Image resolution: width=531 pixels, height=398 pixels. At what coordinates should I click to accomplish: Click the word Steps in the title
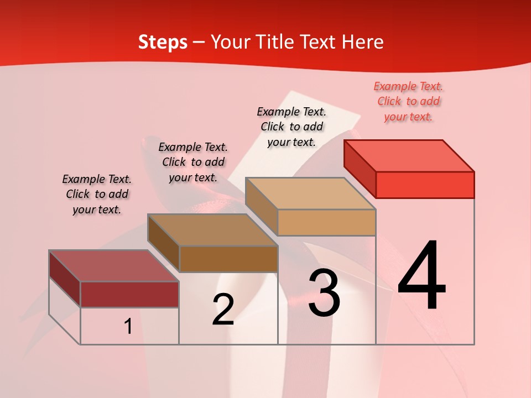163,42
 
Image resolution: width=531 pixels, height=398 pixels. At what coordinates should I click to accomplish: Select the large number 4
421,276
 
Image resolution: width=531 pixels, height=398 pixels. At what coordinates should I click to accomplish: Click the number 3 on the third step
324,294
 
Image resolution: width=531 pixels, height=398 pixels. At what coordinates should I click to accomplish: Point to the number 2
223,310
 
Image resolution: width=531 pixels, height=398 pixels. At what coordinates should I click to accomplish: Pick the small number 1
128,327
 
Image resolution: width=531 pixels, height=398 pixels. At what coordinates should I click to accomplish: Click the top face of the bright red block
409,155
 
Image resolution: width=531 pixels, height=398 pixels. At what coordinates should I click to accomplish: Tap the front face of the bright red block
425,185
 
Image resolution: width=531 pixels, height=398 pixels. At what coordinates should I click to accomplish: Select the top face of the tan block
310,193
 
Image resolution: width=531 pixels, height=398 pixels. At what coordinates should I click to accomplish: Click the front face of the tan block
326,222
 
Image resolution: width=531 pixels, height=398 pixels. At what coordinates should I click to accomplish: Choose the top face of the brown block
212,229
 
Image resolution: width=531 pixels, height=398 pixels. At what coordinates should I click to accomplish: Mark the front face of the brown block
228,259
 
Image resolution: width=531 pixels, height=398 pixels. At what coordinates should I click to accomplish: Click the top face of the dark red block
113,265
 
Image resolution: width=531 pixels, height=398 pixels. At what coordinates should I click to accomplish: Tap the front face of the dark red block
129,294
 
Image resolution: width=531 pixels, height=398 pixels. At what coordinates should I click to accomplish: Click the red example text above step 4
408,101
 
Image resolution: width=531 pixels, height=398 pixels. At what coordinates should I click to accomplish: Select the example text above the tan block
291,127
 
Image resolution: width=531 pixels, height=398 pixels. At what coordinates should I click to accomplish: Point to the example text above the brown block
193,162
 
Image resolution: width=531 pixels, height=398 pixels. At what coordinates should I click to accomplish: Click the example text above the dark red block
97,194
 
